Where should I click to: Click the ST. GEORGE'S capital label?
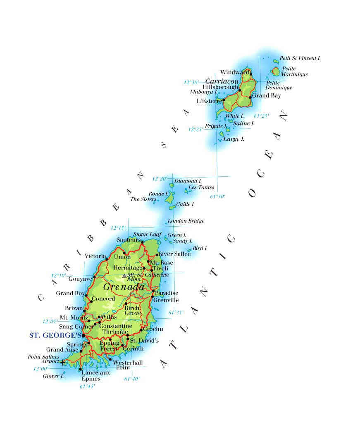55,335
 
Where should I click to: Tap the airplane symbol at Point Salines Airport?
62,363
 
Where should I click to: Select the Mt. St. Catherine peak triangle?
124,276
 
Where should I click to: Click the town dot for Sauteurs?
142,242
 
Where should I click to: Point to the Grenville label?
166,300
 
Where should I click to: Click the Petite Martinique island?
275,71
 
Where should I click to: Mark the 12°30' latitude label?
191,82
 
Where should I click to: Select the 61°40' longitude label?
132,379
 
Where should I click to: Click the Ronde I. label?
159,194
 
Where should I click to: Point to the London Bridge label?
186,221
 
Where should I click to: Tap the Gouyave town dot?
95,277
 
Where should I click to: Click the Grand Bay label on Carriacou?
266,96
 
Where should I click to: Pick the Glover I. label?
53,376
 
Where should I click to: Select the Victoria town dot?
107,259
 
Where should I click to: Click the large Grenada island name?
124,287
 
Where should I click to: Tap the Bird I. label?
200,248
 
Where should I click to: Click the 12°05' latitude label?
50,321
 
